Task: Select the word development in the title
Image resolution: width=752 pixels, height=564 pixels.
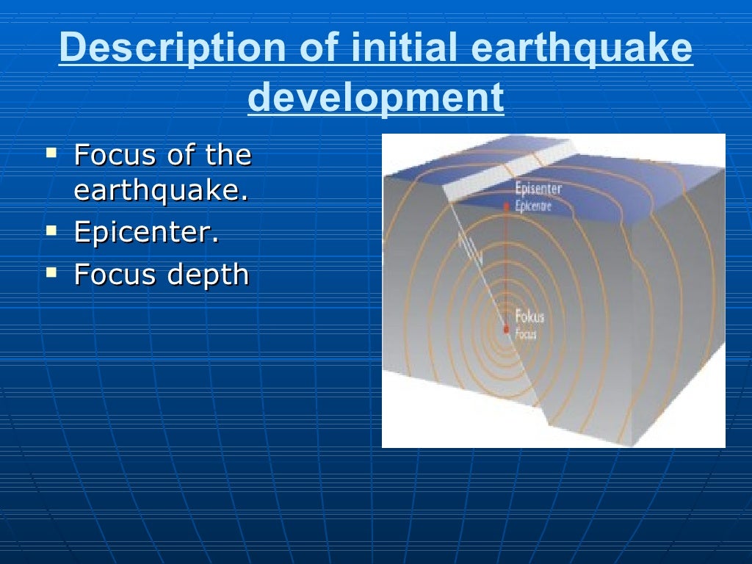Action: tap(376, 98)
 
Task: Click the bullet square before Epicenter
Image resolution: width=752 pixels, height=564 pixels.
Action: tap(51, 230)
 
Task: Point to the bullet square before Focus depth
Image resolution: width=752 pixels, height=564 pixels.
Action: tap(51, 272)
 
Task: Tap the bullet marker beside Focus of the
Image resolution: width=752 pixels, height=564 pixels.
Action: tap(51, 153)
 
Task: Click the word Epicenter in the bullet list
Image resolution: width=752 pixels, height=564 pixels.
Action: tap(145, 233)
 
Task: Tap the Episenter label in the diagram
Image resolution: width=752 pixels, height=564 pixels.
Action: tap(538, 189)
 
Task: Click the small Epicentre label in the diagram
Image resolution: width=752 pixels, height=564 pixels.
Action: tap(534, 206)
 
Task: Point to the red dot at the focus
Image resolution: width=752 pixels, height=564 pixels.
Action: tap(506, 329)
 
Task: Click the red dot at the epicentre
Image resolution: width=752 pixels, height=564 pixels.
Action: tap(506, 209)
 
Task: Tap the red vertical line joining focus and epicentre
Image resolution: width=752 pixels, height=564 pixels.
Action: tap(506, 268)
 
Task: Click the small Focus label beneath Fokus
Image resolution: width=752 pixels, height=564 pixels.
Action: tap(526, 335)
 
